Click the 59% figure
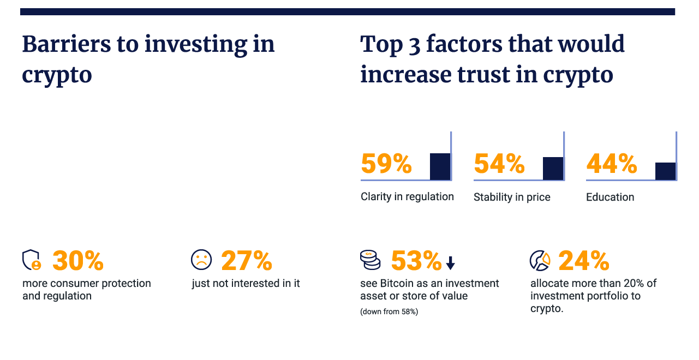click(x=386, y=164)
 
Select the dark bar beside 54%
click(x=553, y=168)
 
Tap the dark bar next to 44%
click(x=665, y=171)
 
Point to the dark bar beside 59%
click(x=440, y=166)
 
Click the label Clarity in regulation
click(x=407, y=197)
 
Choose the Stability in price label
click(x=512, y=197)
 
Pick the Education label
click(x=610, y=197)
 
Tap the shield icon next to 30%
click(x=32, y=260)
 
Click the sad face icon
click(x=201, y=260)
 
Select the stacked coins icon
click(x=370, y=260)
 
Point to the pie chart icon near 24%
click(x=540, y=260)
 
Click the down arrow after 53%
click(x=450, y=263)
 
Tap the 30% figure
click(x=78, y=261)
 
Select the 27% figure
click(x=247, y=261)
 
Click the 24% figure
click(x=584, y=261)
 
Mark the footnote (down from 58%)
click(x=389, y=312)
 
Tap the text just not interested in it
click(x=246, y=284)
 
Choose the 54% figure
click(x=499, y=164)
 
